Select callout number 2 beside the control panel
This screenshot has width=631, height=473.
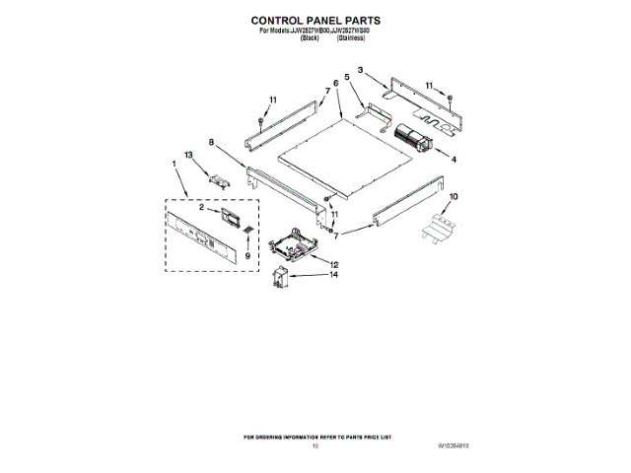coord(201,208)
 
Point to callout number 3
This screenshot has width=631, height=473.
coord(361,69)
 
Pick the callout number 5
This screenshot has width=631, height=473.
coord(347,77)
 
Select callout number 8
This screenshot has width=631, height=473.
coord(211,142)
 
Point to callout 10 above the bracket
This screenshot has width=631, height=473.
coord(455,198)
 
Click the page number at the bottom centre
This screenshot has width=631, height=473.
coord(315,446)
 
